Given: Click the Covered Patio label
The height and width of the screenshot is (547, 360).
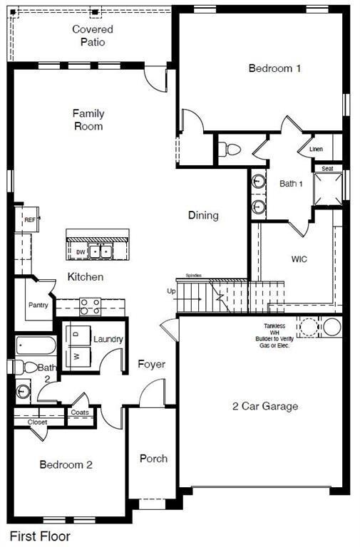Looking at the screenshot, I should tap(93, 36).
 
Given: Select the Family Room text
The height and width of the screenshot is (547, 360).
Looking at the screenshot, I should tap(88, 120).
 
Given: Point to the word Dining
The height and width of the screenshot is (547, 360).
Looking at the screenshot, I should tap(203, 215).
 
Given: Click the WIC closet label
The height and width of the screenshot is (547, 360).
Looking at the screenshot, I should tap(299, 259).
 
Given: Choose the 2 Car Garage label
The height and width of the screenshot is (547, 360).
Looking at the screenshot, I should tap(265, 407).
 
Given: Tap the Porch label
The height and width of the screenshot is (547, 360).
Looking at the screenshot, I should tap(153, 458).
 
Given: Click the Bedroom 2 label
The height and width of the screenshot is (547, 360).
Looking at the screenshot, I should tap(66, 465).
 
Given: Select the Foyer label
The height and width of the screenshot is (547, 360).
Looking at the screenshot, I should tap(151, 364).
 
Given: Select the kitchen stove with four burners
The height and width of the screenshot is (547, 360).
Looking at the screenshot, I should tap(91, 306).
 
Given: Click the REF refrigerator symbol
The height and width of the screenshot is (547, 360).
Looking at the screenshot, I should tap(30, 220).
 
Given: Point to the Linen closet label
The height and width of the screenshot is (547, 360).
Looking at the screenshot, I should tap(317, 150).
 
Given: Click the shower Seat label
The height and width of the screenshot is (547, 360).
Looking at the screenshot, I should tap(327, 169).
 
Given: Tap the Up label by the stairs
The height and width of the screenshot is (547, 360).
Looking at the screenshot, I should tap(170, 291).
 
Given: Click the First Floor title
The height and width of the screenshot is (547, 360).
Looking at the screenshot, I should tap(39, 536).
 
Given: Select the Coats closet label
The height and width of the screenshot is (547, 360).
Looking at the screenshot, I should tap(79, 412).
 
